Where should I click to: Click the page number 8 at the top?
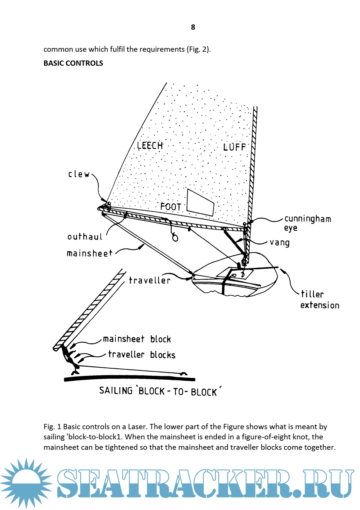tap(193, 27)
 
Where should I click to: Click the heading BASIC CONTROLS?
tap(73, 63)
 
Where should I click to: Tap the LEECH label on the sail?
tap(150, 145)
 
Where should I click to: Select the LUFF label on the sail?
tap(234, 147)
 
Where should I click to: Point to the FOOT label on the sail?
tap(171, 207)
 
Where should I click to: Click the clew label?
tap(79, 174)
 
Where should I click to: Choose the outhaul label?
tap(85, 237)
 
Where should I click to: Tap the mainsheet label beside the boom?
tap(89, 253)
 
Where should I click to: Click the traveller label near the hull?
tap(149, 280)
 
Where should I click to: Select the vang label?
tap(280, 242)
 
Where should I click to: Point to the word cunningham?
tap(308, 219)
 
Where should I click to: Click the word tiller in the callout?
tap(312, 294)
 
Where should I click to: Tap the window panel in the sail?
tap(200, 202)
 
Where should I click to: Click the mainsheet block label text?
tap(137, 339)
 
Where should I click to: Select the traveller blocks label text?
tap(142, 355)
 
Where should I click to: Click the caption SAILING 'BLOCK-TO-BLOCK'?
tap(160, 391)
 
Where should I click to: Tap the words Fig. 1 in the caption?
tap(52, 427)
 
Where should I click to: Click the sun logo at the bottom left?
tap(26, 482)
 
